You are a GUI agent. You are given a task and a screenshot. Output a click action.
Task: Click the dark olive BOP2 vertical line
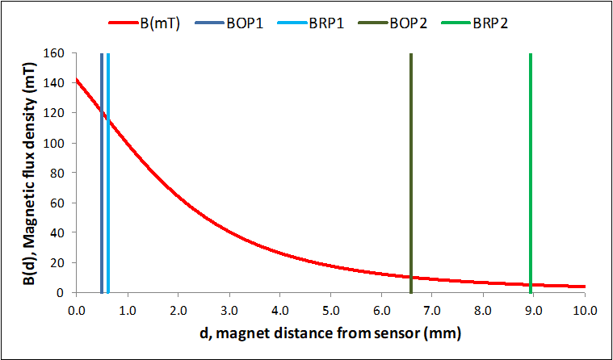click(411, 161)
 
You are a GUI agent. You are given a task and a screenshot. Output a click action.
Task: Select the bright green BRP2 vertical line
click(531, 161)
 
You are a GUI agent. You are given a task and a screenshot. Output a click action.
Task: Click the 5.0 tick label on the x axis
click(330, 310)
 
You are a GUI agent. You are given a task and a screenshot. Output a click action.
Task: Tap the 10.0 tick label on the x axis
click(584, 310)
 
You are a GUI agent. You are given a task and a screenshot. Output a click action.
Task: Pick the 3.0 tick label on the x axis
click(228, 310)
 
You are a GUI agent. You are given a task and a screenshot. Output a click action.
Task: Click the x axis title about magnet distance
click(330, 333)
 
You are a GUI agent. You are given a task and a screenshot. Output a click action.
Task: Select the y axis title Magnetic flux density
click(28, 173)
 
